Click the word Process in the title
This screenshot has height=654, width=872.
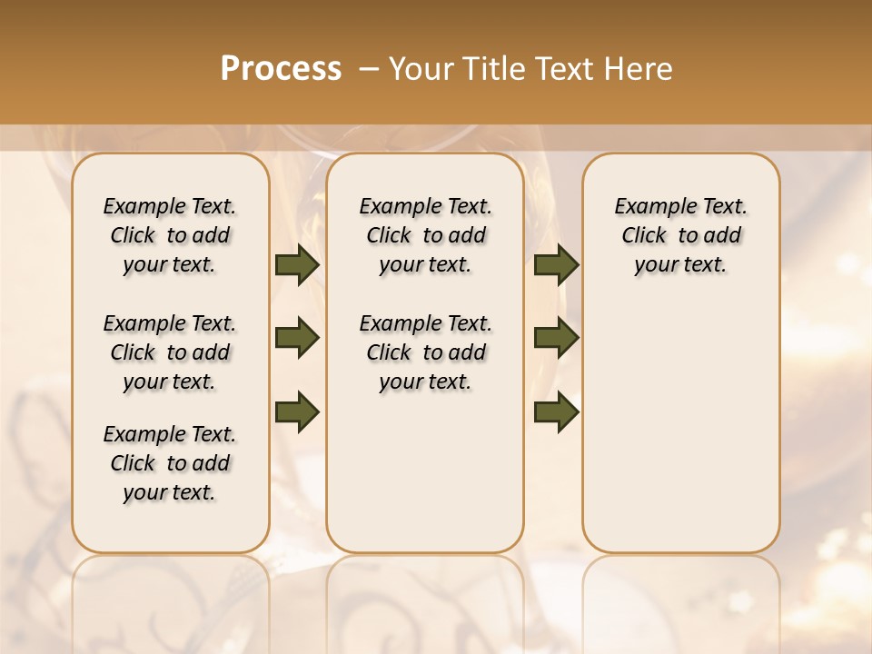point(281,69)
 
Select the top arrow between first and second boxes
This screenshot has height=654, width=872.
point(297,265)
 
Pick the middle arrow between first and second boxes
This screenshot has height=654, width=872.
point(297,338)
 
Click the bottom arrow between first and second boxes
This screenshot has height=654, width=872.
point(297,411)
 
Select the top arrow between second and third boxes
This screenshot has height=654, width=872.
point(556,265)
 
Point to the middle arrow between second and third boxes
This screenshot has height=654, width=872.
point(556,338)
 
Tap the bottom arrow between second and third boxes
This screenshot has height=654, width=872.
point(556,411)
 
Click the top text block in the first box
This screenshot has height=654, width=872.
point(170,235)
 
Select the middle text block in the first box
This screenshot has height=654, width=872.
point(170,352)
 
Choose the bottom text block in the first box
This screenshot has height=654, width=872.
point(170,463)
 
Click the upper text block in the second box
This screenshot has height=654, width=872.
point(425,235)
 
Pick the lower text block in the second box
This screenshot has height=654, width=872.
point(425,352)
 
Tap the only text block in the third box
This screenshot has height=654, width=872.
point(680,235)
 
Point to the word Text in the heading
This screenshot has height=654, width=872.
point(566,69)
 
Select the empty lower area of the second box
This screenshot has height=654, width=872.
point(425,472)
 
